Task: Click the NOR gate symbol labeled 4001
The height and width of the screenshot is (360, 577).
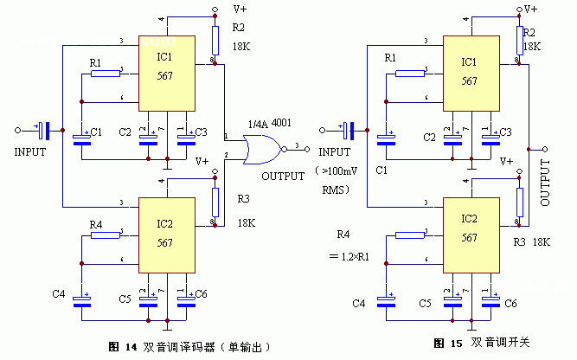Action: [259, 152]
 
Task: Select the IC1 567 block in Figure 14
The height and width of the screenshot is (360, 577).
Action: [169, 73]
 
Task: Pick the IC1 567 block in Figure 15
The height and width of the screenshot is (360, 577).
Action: [470, 73]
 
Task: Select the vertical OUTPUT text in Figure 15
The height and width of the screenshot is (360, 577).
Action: [545, 183]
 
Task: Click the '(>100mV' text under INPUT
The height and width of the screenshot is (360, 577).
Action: [343, 170]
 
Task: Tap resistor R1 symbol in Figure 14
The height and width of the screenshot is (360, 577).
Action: [106, 74]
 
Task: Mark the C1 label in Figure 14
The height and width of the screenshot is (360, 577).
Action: [97, 132]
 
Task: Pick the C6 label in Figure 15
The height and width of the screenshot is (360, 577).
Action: [510, 303]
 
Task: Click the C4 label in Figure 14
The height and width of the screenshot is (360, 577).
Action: [59, 295]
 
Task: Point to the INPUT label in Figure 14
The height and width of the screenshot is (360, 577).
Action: [29, 151]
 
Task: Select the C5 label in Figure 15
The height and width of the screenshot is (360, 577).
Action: [425, 303]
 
